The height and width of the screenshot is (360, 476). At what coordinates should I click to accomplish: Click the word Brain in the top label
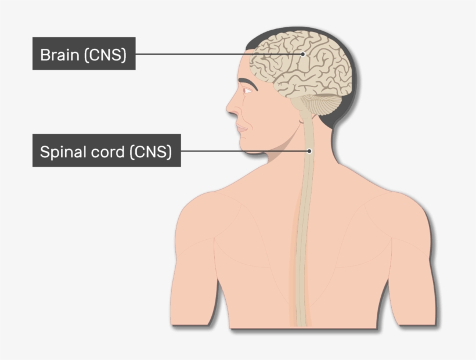pos(60,55)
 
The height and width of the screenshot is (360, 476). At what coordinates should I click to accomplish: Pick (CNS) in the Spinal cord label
pos(150,152)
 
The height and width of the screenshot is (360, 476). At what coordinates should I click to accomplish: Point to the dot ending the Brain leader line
pos(302,54)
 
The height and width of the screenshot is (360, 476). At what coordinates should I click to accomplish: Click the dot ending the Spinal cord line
pos(309,151)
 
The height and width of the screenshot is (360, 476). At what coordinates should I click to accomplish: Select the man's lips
pos(241,127)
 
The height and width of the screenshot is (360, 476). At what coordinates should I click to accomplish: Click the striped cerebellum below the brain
pos(322,106)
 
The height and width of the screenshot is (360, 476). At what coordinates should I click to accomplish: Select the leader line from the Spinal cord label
pos(244,151)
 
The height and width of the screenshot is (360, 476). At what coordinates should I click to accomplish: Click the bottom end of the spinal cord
pos(301,322)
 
